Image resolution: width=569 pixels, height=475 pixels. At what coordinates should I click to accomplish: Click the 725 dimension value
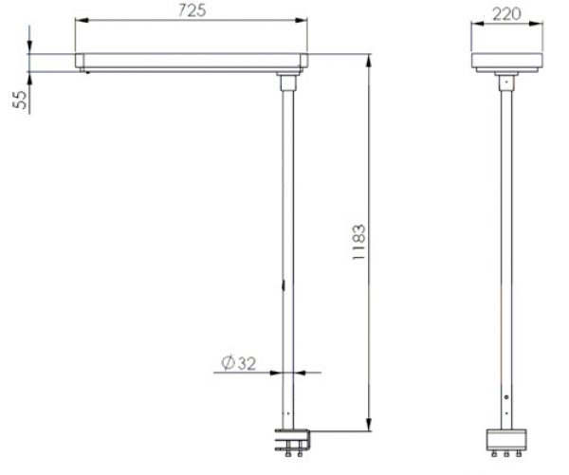click(192, 10)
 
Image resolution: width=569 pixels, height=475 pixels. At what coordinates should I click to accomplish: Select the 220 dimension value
click(506, 14)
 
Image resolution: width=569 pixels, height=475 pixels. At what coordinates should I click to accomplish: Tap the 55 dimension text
click(20, 100)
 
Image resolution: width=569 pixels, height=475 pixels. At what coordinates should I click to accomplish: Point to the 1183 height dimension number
click(358, 242)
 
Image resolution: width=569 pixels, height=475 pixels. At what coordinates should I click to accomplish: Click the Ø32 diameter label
click(239, 363)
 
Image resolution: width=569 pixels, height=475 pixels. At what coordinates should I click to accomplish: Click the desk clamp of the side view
click(293, 443)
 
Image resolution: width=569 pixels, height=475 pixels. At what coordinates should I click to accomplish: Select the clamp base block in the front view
click(506, 440)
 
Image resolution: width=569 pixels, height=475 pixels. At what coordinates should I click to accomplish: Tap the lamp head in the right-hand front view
click(507, 63)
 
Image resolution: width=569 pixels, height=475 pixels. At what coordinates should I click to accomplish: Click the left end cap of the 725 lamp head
click(80, 61)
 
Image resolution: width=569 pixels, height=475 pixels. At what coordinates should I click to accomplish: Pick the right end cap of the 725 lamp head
click(303, 61)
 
